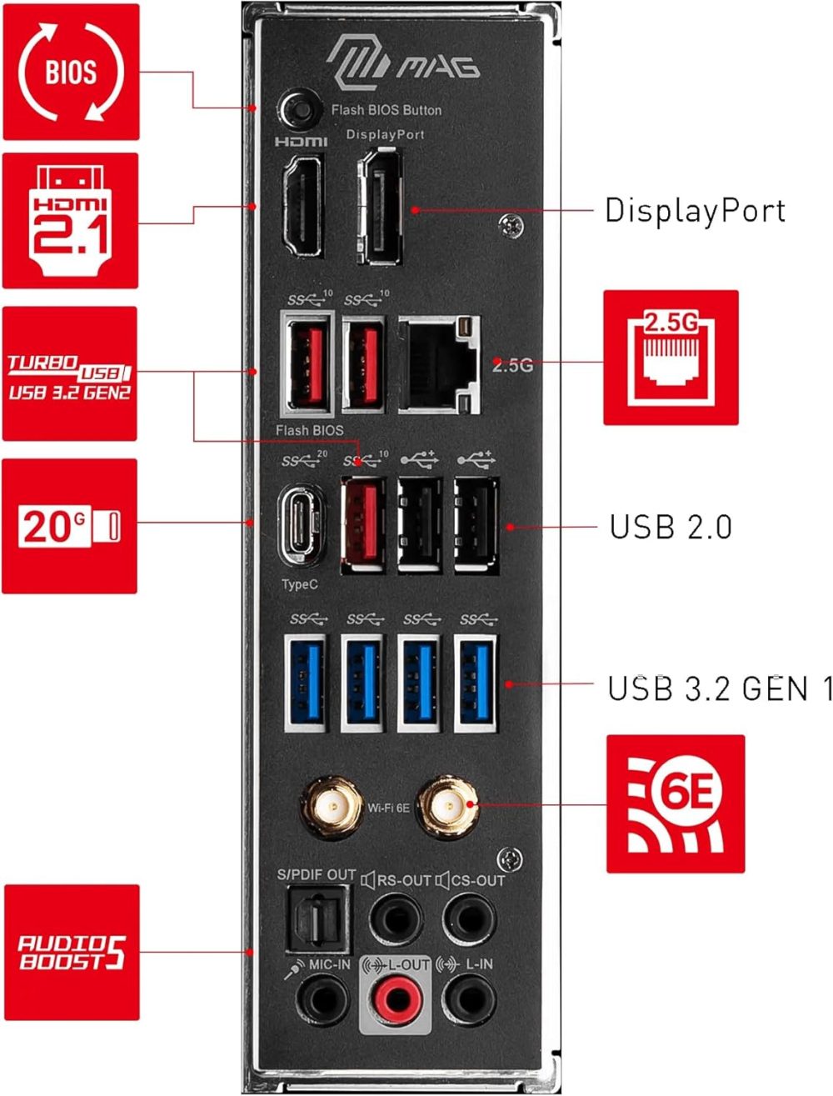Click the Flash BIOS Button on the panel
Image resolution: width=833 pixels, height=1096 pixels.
coord(300,109)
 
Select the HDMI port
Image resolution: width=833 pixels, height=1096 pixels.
coord(302,204)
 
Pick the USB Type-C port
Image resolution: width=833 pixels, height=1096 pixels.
coord(300,527)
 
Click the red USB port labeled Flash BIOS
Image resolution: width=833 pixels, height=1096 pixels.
coord(307,363)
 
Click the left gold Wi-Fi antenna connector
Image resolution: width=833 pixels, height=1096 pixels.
coord(331,806)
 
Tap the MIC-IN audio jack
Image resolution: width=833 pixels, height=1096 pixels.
coord(322,998)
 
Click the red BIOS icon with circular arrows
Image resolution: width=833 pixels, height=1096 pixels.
coord(71,72)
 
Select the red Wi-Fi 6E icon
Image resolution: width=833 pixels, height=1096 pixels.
coord(675,803)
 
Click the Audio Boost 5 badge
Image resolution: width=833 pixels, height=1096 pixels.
coord(72,952)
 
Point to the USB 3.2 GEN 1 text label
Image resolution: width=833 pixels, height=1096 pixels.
coord(719,689)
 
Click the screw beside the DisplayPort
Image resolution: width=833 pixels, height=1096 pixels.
coord(511,226)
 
